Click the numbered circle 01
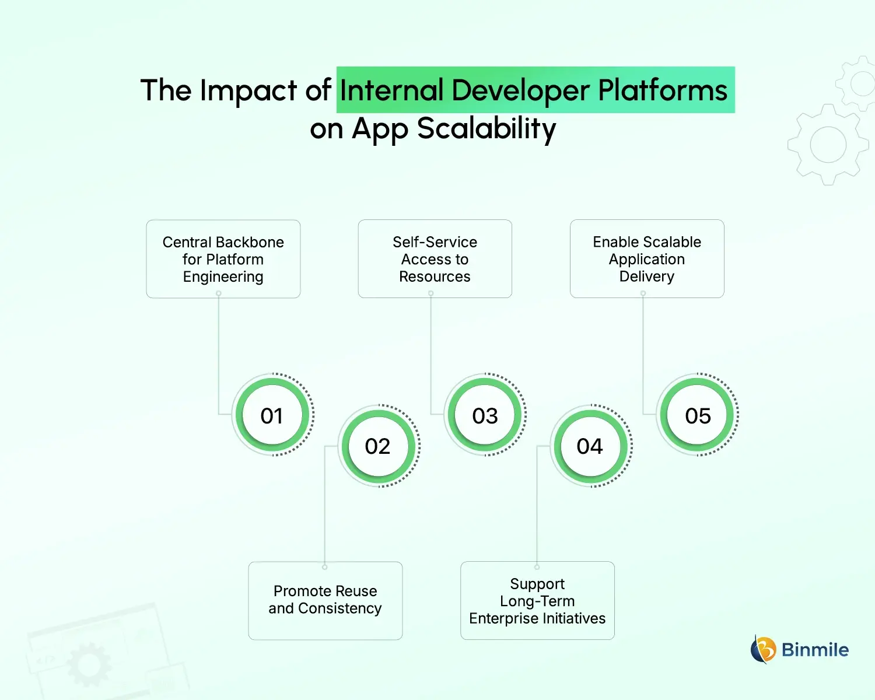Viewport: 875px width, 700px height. click(x=272, y=415)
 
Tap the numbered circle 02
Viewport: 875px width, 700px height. click(x=378, y=446)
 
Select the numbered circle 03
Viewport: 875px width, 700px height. click(x=485, y=415)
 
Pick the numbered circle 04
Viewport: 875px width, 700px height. click(x=590, y=446)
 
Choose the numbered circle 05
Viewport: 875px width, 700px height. click(x=698, y=415)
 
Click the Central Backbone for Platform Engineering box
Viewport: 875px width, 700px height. click(x=223, y=259)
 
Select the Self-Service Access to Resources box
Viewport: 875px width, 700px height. click(x=435, y=259)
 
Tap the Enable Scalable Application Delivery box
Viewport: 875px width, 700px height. click(x=646, y=259)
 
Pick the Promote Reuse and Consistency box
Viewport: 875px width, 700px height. click(x=325, y=600)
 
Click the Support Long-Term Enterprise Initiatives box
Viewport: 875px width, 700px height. click(x=537, y=600)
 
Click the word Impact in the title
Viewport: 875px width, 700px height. click(x=249, y=91)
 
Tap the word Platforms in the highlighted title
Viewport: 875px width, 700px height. click(x=663, y=91)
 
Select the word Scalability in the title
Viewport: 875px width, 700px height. click(x=487, y=129)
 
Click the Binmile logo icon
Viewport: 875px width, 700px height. click(x=763, y=649)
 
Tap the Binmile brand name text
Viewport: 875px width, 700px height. click(x=815, y=650)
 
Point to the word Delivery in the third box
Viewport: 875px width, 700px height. click(x=646, y=276)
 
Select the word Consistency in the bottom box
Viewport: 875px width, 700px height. click(x=339, y=608)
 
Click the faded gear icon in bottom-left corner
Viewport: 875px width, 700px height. click(x=89, y=664)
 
